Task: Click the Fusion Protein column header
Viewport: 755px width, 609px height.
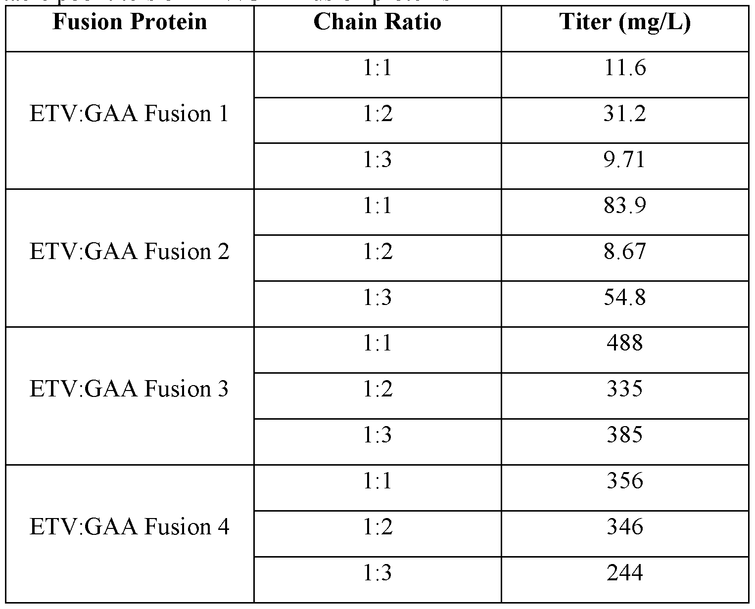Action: [129, 22]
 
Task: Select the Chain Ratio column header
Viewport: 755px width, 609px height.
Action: [377, 22]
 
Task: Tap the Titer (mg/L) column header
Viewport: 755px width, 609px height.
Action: [624, 22]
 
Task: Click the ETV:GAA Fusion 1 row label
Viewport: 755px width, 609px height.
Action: [129, 114]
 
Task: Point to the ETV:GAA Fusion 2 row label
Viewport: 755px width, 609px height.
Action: [129, 252]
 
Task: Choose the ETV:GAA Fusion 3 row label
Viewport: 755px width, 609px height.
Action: [129, 389]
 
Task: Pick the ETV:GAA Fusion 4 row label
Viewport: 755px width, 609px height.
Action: [129, 527]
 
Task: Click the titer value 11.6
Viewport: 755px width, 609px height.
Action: [624, 68]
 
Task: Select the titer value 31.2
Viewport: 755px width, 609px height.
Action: [624, 114]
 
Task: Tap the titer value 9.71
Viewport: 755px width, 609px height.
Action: [624, 160]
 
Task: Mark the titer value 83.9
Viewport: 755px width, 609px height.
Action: [624, 206]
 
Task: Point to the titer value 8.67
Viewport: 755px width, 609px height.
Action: [624, 252]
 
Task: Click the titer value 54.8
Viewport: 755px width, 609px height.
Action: [624, 298]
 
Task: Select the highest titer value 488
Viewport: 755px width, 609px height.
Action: [624, 343]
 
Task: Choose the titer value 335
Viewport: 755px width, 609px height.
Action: [624, 389]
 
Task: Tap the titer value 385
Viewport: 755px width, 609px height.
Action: [624, 435]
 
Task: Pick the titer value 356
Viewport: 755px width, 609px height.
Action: [624, 481]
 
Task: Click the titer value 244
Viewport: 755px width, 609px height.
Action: [624, 573]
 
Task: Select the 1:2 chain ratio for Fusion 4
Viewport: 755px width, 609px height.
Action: [377, 527]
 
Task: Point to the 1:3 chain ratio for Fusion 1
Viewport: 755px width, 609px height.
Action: [377, 160]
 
